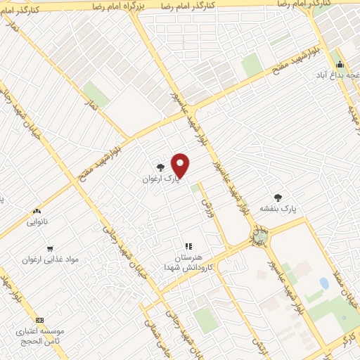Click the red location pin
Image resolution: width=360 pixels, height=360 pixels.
pyautogui.click(x=181, y=165)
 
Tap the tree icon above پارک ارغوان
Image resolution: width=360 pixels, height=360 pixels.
pyautogui.click(x=161, y=167)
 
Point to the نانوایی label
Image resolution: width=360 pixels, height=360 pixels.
pyautogui.click(x=37, y=222)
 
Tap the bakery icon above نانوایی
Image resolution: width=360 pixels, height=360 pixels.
pyautogui.click(x=37, y=210)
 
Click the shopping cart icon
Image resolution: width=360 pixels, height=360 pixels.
pyautogui.click(x=49, y=248)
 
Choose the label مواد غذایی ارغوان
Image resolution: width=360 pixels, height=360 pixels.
pyautogui.click(x=50, y=259)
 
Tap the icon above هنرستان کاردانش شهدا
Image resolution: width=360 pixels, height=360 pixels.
pyautogui.click(x=188, y=246)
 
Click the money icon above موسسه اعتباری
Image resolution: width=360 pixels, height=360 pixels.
pyautogui.click(x=39, y=319)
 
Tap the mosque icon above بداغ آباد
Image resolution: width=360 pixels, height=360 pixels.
pyautogui.click(x=340, y=65)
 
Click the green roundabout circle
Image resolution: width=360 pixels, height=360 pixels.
pyautogui.click(x=262, y=237)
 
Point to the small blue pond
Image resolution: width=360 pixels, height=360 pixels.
pyautogui.click(x=323, y=283)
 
